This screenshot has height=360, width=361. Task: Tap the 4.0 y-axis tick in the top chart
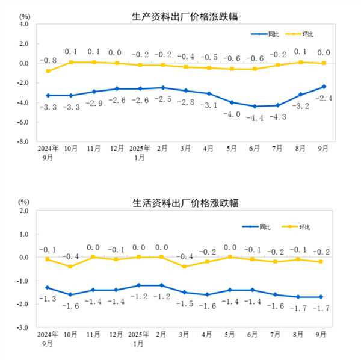point(24,24)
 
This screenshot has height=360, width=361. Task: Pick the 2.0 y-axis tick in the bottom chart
point(24,211)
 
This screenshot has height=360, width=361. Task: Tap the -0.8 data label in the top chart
point(48,60)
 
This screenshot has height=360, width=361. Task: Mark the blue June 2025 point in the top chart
point(255,106)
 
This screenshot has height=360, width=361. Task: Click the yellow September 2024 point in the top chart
point(48,71)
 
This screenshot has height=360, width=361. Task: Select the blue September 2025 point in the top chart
point(324,87)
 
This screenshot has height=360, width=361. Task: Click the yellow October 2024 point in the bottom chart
point(71,266)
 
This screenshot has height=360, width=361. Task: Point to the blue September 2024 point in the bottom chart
point(48,287)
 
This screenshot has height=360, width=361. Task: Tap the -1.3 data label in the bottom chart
point(48,299)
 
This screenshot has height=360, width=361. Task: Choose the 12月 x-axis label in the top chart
point(117,149)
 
